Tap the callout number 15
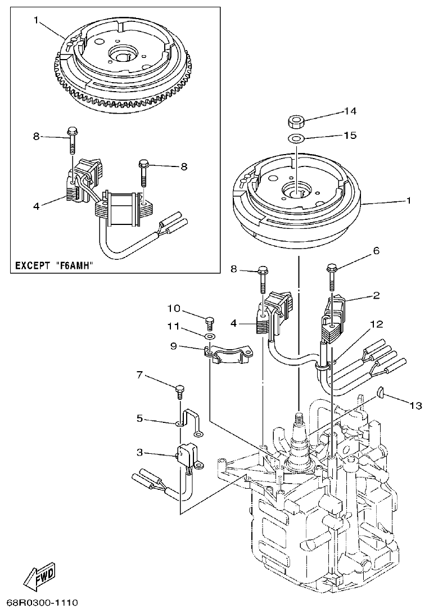(350, 136)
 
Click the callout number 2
(376, 295)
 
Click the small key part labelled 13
(380, 393)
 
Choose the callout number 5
(140, 418)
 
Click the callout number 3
(140, 452)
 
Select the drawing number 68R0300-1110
(39, 603)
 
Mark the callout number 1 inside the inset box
(35, 20)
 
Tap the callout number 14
(350, 112)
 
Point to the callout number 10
(174, 308)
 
